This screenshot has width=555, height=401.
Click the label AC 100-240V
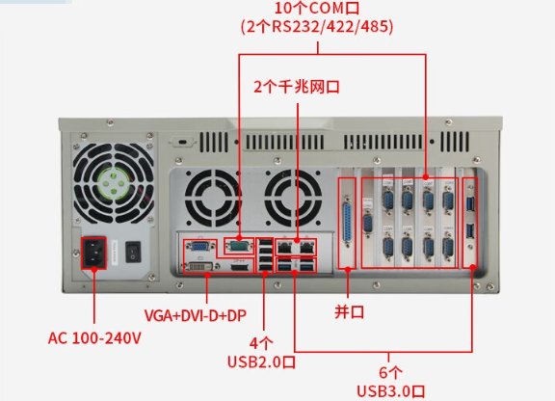tap(94, 338)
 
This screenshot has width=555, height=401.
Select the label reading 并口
tap(348, 312)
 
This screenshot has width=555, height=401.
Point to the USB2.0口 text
tap(260, 361)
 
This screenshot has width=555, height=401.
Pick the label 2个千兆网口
tap(297, 86)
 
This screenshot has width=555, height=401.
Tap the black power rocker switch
tap(134, 254)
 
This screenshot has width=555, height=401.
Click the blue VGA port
tap(198, 245)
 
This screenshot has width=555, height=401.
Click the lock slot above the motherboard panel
tap(182, 142)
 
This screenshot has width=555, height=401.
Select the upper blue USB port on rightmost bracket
tap(469, 202)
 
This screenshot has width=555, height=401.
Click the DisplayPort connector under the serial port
tap(238, 262)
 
